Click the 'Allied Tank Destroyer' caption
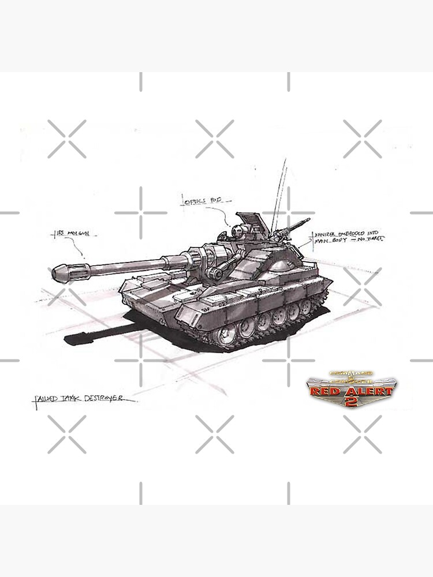(84, 399)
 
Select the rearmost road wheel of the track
(305, 306)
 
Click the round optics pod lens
(237, 232)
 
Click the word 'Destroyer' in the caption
(110, 399)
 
